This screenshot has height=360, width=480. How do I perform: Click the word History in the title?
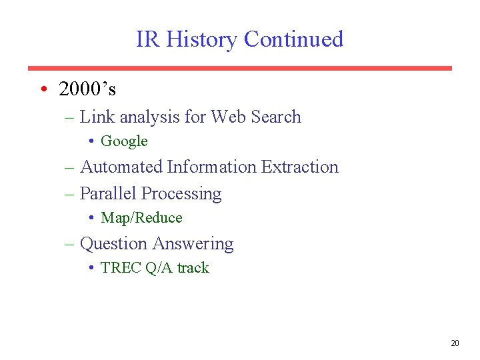point(201,39)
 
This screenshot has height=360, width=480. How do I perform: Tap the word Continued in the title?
point(293,39)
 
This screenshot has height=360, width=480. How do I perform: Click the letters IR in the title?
point(148,39)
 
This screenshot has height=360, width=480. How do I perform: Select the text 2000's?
point(87,89)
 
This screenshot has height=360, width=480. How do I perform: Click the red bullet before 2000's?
point(42,89)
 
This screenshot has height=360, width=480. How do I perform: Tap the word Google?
point(124,141)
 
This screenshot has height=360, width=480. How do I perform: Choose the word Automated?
point(121,167)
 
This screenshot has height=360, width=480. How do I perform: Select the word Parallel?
point(108,194)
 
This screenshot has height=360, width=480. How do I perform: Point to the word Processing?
point(181,194)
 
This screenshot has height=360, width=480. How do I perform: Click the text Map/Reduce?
point(141,218)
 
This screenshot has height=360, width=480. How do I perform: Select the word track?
point(193,268)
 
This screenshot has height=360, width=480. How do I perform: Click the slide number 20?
point(455,343)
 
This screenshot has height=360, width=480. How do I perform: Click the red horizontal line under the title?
point(240,68)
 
